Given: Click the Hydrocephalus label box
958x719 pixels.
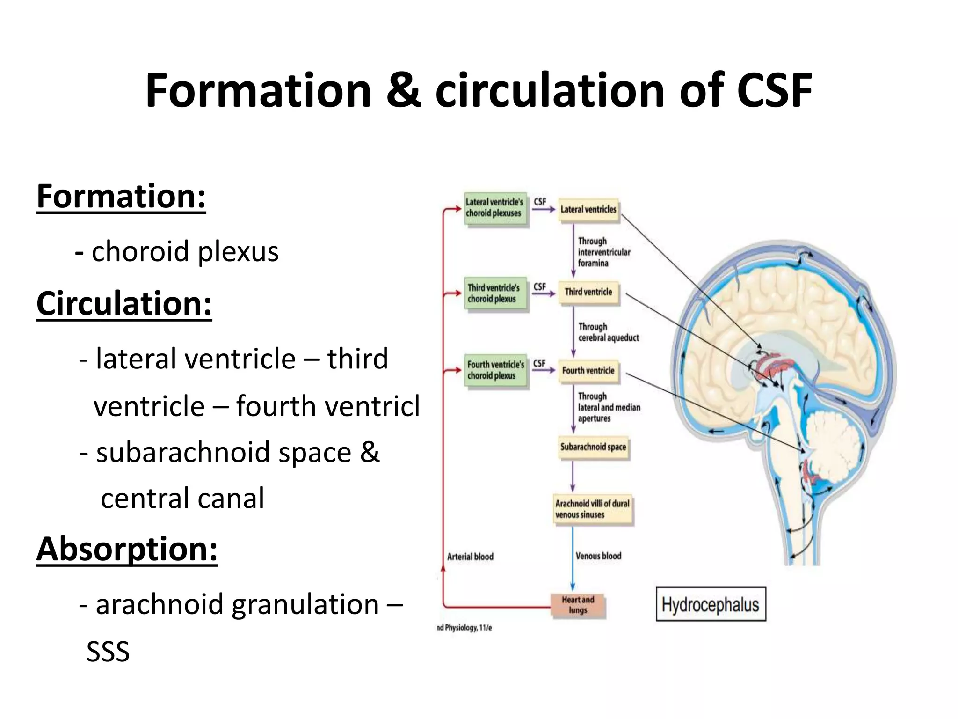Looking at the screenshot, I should tap(711, 604).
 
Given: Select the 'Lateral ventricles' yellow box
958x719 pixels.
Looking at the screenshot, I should tap(588, 210).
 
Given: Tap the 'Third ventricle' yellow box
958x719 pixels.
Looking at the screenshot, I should tap(588, 292).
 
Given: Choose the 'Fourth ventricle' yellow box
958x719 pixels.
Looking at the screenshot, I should tap(588, 371).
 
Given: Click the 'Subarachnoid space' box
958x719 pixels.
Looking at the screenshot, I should tap(593, 447).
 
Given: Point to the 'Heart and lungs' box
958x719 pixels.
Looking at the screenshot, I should tap(578, 605).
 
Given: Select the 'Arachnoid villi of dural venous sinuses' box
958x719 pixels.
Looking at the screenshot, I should tap(592, 509).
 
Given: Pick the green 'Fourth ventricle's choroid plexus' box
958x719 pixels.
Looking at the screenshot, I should tap(495, 370).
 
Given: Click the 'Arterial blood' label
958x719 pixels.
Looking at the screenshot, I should tap(470, 557).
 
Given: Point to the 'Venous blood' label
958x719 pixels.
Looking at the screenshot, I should tap(598, 556).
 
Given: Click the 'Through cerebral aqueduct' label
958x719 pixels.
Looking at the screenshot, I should tap(608, 332).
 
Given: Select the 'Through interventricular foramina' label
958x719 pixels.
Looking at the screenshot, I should tap(604, 252).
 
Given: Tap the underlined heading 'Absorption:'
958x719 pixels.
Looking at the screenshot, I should tap(127, 549).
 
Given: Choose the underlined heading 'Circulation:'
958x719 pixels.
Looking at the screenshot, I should tap(124, 304).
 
